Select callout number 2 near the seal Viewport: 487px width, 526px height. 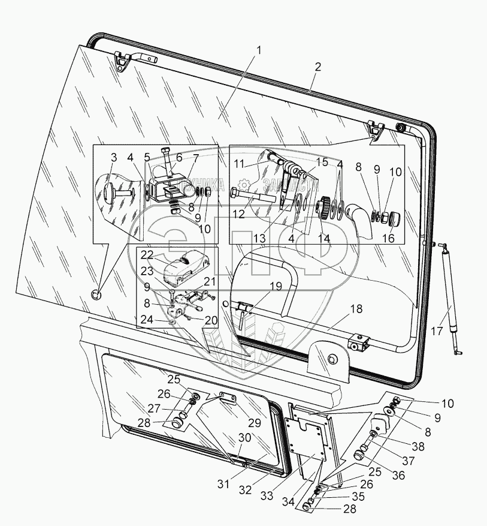click(x=317, y=67)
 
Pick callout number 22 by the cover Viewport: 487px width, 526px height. click(x=147, y=254)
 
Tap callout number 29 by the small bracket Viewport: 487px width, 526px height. click(x=255, y=423)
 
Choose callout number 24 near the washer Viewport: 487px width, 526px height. click(x=147, y=320)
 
